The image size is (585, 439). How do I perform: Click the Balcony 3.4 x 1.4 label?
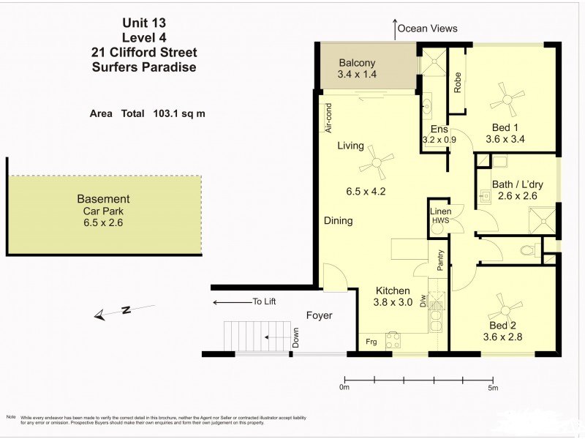pyautogui.click(x=356, y=69)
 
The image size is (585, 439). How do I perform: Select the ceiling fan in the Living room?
pyautogui.click(x=381, y=162)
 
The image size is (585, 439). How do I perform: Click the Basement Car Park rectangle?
pyautogui.click(x=105, y=215)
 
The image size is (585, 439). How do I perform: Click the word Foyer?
pyautogui.click(x=319, y=316)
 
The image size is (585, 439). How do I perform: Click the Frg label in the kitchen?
pyautogui.click(x=372, y=342)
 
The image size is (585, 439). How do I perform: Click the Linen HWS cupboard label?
pyautogui.click(x=440, y=216)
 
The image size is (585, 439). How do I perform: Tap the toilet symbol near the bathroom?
pyautogui.click(x=527, y=251)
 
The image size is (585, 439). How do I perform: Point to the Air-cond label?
pyautogui.click(x=329, y=117)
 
